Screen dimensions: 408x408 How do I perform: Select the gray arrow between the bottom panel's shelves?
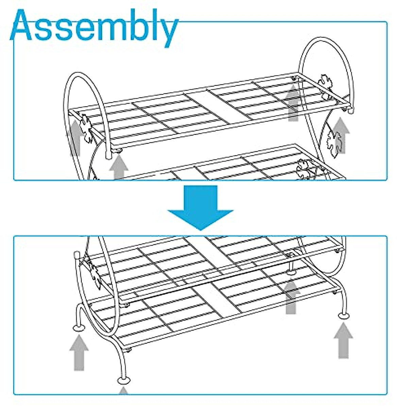(291, 296)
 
